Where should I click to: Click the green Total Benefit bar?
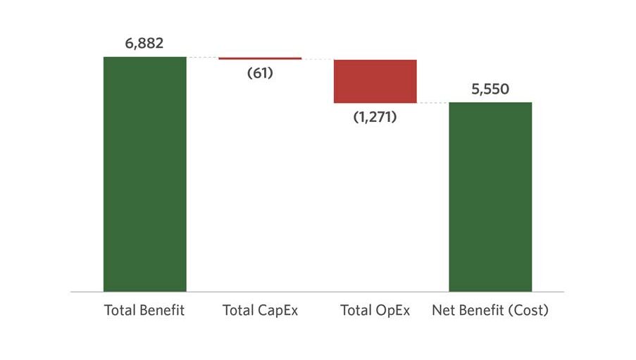point(145,174)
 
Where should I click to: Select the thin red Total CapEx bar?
point(260,58)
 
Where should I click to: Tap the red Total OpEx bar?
point(375,81)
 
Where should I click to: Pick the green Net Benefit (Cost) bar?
point(490,197)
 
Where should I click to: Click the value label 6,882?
point(144,43)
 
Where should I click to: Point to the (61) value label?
point(260,73)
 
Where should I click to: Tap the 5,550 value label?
point(490,89)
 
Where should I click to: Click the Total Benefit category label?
point(144,310)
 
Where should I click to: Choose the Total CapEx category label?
point(260,311)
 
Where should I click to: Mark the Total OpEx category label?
point(375,311)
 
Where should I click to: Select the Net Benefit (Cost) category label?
point(490,311)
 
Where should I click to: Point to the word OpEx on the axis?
point(392,311)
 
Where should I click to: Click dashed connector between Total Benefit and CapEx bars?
point(203,58)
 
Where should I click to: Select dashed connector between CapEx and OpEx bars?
point(318,60)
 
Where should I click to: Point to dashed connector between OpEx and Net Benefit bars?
point(432,103)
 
